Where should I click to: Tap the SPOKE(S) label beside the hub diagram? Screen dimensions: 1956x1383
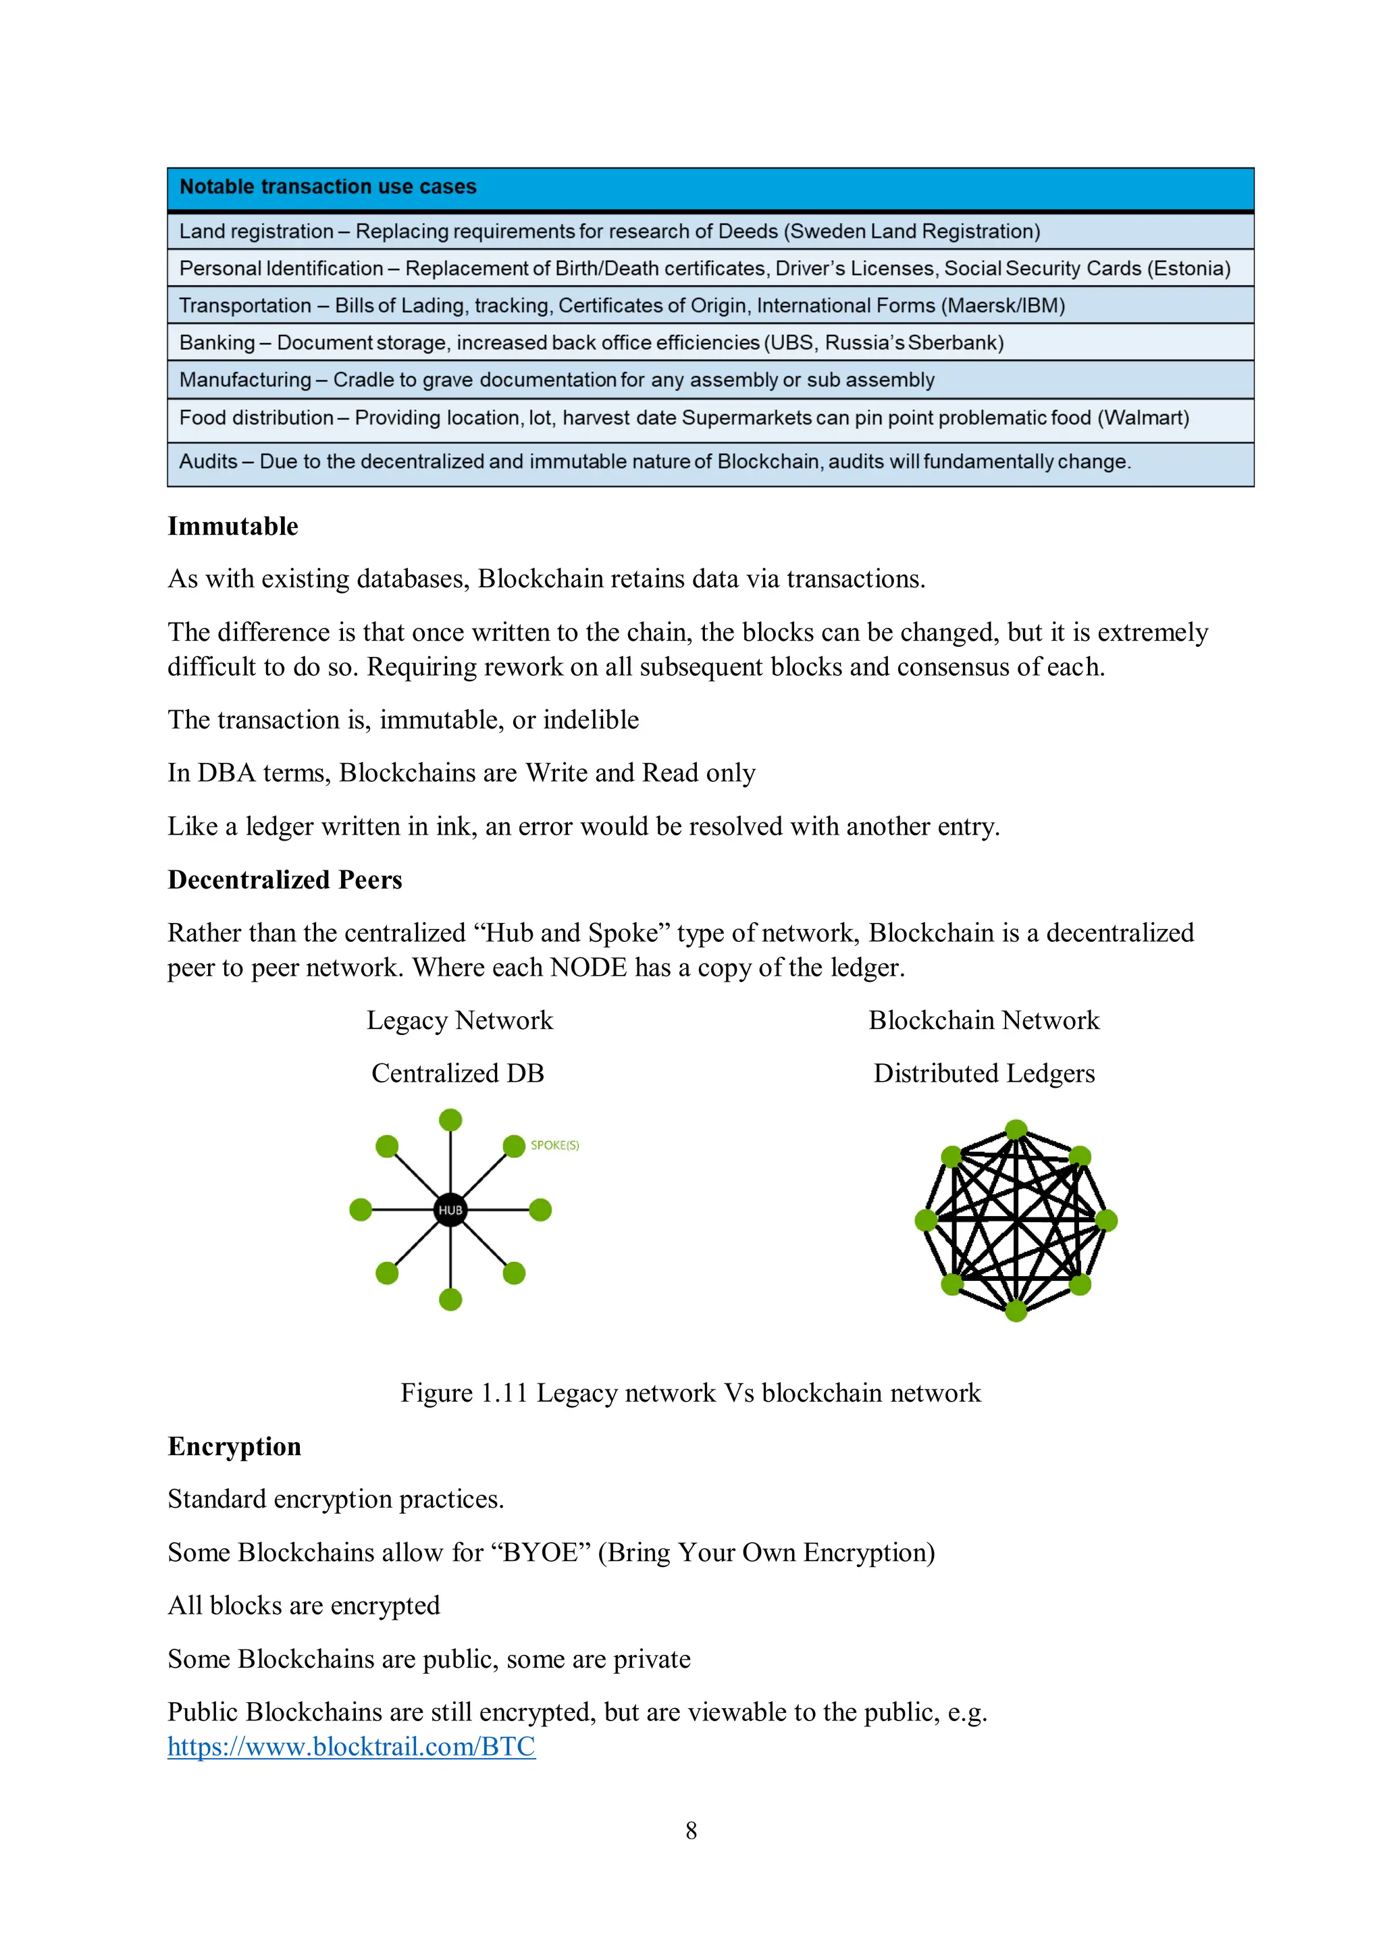pyautogui.click(x=554, y=1145)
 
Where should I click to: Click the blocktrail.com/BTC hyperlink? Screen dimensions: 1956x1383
pyautogui.click(x=351, y=1747)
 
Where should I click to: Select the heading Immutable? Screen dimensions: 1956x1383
pyautogui.click(x=232, y=527)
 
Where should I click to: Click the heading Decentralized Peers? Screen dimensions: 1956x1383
pyautogui.click(x=284, y=880)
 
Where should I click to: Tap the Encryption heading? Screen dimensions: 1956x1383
pyautogui.click(x=234, y=1446)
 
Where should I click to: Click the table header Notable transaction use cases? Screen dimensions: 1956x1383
pyautogui.click(x=328, y=186)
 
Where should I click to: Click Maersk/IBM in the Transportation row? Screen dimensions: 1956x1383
pyautogui.click(x=1003, y=306)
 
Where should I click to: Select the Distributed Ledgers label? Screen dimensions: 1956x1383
pyautogui.click(x=983, y=1074)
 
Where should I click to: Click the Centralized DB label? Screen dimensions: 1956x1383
pyautogui.click(x=458, y=1074)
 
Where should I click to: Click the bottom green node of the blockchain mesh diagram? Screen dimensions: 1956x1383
pyautogui.click(x=1016, y=1311)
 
